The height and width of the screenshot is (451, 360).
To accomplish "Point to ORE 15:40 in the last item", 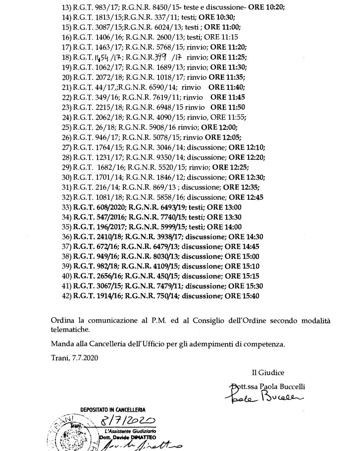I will [x=243, y=296].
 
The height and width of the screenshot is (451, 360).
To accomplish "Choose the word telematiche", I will [x=70, y=329].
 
